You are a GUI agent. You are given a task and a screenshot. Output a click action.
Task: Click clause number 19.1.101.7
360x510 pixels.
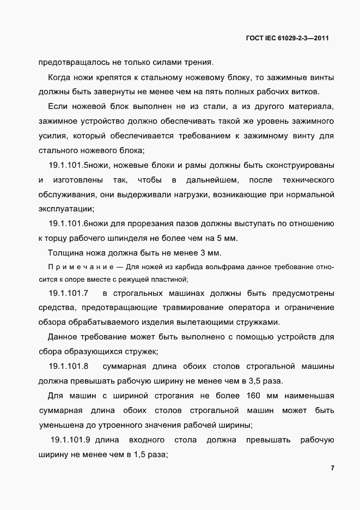pos(69,293)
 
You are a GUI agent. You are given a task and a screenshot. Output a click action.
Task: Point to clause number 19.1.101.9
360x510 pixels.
pos(70,440)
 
